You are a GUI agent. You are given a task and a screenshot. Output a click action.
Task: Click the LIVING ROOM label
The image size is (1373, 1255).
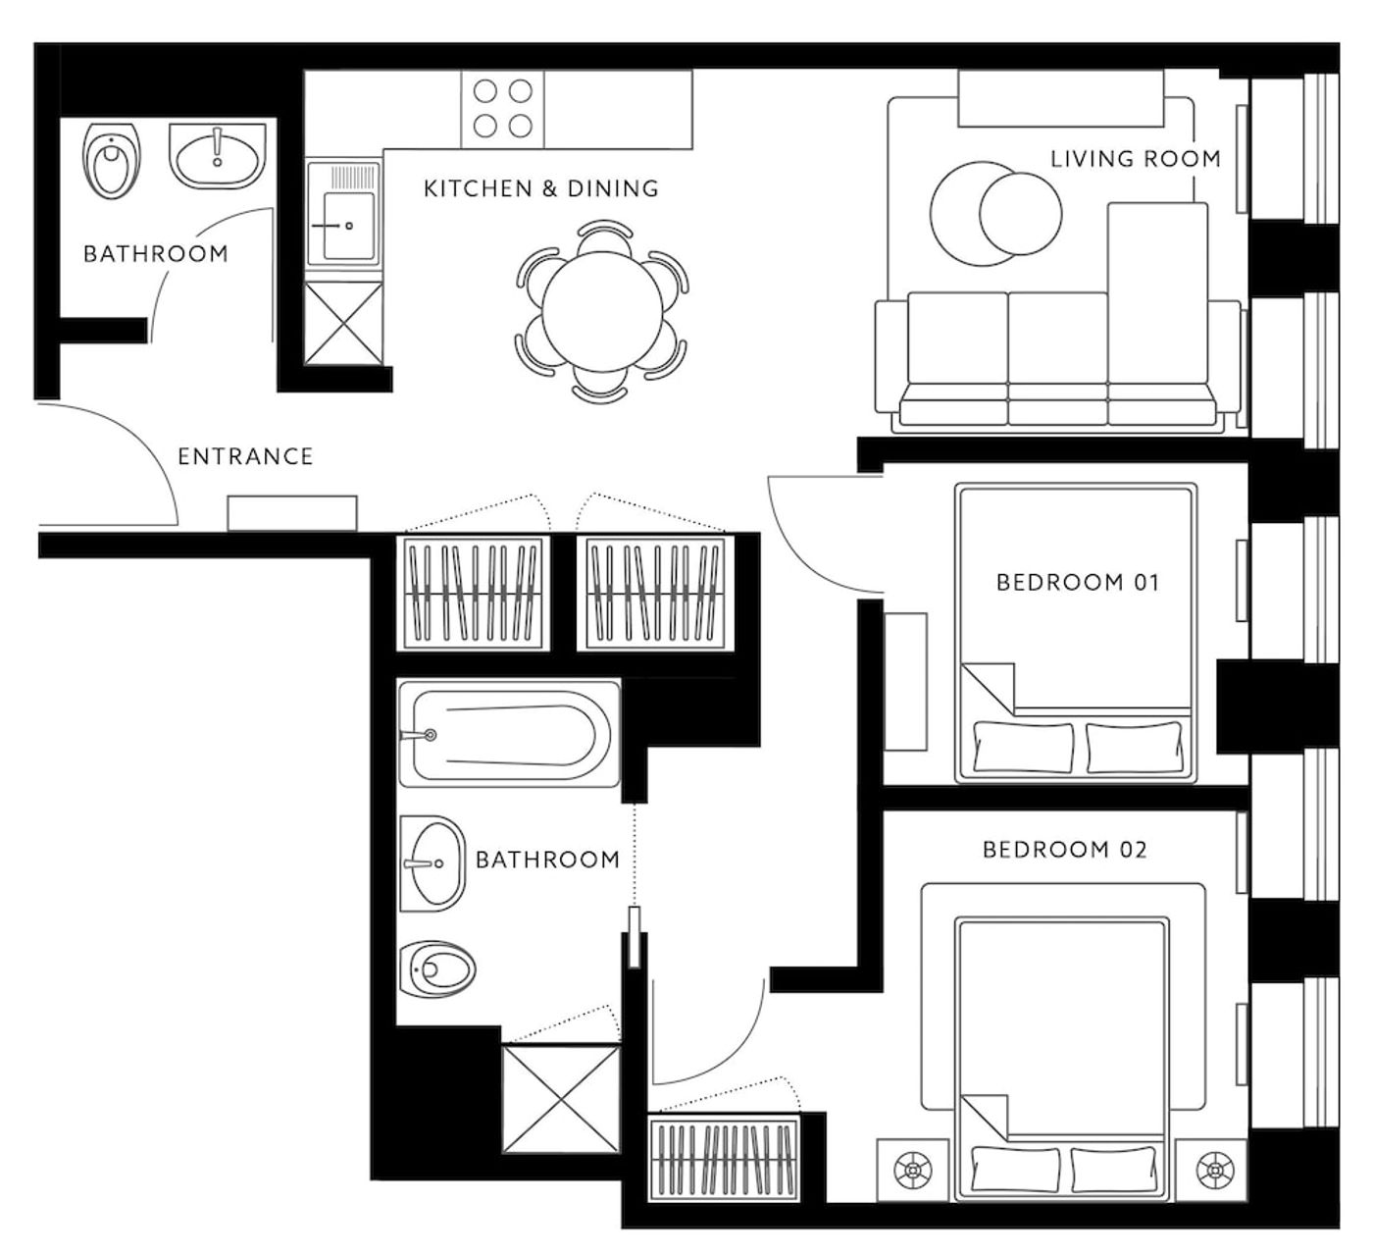point(1136,159)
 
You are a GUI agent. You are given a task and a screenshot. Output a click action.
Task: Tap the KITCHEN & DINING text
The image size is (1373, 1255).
point(540,188)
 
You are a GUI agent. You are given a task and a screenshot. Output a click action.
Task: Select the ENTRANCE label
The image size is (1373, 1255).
point(245,456)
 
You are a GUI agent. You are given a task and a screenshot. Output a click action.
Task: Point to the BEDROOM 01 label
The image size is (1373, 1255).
point(1078,582)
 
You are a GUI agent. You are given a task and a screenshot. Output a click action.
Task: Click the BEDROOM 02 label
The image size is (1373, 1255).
point(1064,850)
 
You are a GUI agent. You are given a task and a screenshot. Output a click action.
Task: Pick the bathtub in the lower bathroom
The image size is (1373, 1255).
point(509,734)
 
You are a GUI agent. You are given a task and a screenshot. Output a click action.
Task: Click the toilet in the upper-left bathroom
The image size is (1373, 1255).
point(112,160)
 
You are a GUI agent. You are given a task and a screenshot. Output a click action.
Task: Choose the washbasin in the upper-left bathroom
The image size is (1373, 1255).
point(218,157)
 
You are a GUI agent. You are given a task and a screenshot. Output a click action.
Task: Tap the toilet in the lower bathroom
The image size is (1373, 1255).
point(437,968)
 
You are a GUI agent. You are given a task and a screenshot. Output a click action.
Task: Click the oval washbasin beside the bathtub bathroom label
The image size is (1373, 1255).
point(432,863)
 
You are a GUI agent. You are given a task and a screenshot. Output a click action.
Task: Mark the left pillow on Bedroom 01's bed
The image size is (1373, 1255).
point(1023,746)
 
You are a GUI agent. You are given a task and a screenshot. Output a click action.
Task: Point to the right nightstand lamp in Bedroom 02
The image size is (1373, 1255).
point(1215,1170)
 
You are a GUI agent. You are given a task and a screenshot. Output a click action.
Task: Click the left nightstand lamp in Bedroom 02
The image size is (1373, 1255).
point(912,1171)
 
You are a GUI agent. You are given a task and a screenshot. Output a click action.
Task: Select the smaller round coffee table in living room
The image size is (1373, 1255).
point(1021,213)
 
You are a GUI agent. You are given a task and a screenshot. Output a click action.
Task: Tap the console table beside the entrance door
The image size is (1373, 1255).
point(292,513)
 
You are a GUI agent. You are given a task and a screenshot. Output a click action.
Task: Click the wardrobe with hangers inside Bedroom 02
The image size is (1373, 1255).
point(724,1160)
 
